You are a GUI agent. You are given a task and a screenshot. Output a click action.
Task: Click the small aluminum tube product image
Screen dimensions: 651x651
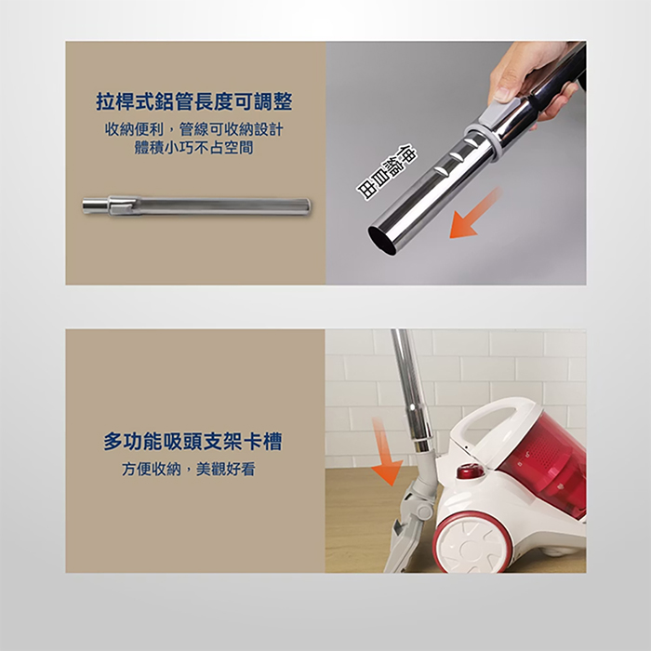point(195,205)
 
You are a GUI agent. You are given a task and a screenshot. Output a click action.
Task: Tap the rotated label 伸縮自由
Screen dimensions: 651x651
point(390,173)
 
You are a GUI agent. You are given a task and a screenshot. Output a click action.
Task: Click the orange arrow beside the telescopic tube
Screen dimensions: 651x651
point(475,214)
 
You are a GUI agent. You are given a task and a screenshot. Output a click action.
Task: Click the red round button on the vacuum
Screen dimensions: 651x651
point(472,472)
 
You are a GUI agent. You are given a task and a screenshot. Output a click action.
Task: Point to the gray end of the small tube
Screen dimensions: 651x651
point(95,206)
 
